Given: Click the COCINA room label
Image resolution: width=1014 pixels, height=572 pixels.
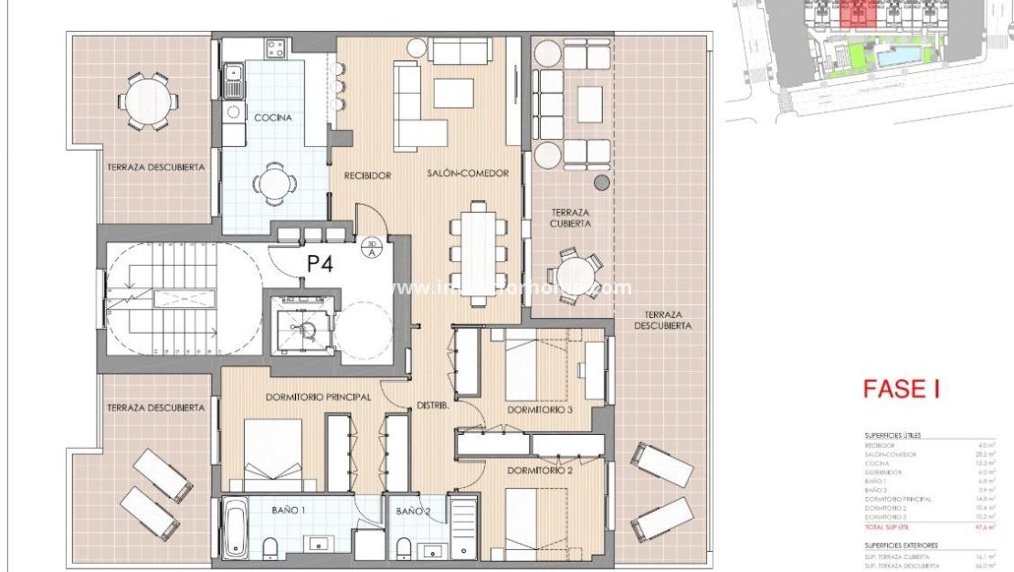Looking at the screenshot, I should (273, 118).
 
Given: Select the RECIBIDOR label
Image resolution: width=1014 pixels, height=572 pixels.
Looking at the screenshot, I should (368, 175).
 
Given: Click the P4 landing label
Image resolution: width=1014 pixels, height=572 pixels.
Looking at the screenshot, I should (320, 264).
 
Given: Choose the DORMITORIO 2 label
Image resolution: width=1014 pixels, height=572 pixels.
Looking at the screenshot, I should (544, 471).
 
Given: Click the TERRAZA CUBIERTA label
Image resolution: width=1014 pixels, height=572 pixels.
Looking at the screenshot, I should (570, 217).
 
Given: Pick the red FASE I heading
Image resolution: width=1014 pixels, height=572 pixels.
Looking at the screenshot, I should (902, 388).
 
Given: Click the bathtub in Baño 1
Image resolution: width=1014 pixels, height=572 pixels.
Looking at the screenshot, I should (236, 527).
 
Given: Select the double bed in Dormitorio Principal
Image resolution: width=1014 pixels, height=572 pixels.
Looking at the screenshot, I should (272, 454).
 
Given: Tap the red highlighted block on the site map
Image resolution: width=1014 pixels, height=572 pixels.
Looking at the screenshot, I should (856, 13).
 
